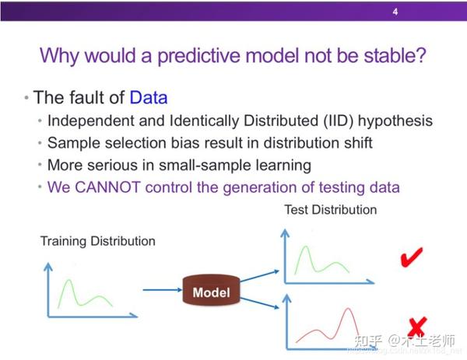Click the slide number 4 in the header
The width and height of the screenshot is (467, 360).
pyautogui.click(x=395, y=12)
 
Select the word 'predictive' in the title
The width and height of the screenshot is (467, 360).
pyautogui.click(x=198, y=56)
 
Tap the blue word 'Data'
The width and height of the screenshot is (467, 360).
pyautogui.click(x=149, y=97)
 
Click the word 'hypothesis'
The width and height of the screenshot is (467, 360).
pyautogui.click(x=395, y=121)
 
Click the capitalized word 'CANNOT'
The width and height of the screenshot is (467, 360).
pyautogui.click(x=108, y=187)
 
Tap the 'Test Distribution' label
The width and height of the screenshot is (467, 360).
pyautogui.click(x=331, y=210)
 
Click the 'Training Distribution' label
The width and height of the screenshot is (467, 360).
pyautogui.click(x=98, y=241)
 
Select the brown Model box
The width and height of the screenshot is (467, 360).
pyautogui.click(x=211, y=290)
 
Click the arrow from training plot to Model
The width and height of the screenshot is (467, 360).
pyautogui.click(x=163, y=290)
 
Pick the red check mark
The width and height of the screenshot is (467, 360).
pyautogui.click(x=412, y=257)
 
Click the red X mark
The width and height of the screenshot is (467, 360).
pyautogui.click(x=417, y=328)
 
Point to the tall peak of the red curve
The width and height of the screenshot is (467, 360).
pyautogui.click(x=348, y=309)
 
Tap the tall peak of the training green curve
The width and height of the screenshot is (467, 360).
pyautogui.click(x=68, y=280)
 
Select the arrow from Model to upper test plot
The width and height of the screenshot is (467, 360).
pyautogui.click(x=259, y=276)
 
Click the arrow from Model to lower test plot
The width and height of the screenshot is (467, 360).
pyautogui.click(x=259, y=303)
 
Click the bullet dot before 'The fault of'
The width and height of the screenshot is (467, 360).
pyautogui.click(x=26, y=98)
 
